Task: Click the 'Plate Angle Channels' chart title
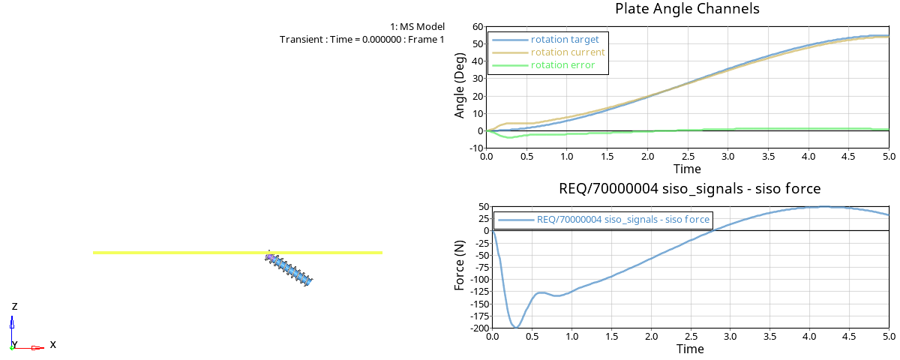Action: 687,9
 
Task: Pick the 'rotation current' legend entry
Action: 567,52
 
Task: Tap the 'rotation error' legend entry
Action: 562,65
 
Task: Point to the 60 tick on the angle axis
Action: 477,27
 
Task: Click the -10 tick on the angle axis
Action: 474,148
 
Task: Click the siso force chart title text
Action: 690,188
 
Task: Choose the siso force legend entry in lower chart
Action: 622,220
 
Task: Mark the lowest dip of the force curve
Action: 516,327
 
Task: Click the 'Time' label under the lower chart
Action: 690,349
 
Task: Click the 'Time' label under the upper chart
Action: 687,169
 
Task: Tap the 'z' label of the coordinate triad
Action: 15,307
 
